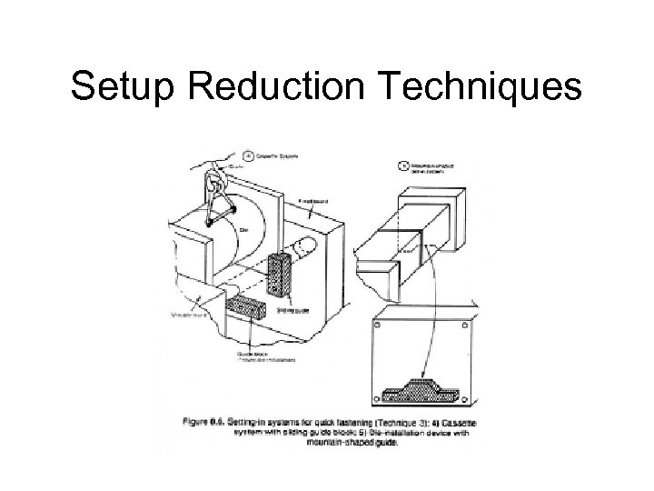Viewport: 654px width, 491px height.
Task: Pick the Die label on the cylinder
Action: click(244, 229)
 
